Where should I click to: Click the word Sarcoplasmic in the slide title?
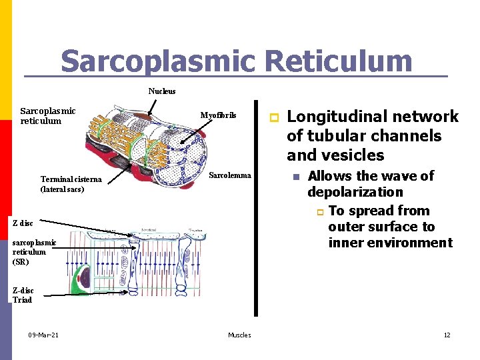coord(157,61)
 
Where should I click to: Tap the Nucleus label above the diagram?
coord(162,91)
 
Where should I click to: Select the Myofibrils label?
coord(218,115)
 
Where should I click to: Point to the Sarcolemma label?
coord(230,175)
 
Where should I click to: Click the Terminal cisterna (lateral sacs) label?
coord(71,184)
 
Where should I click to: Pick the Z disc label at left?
coord(23,223)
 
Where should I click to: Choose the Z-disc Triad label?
coord(23,295)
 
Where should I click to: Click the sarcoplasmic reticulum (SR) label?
coord(30,252)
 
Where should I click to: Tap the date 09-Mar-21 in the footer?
coord(43,335)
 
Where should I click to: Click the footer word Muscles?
coord(239,335)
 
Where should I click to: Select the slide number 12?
coord(447,335)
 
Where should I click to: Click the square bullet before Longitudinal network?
coord(272,117)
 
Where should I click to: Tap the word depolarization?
coord(355,192)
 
